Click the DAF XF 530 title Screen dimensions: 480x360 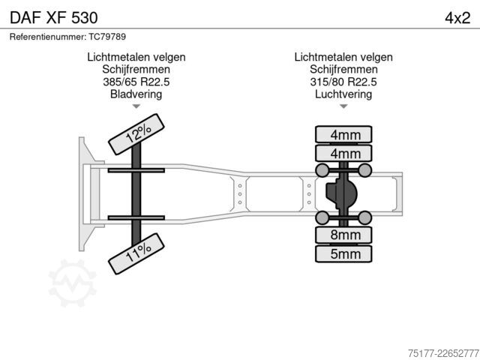[54, 18]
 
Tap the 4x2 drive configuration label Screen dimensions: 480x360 [457, 18]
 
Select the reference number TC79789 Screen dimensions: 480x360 [107, 37]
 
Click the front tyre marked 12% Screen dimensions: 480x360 [136, 134]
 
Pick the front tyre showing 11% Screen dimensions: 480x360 [136, 253]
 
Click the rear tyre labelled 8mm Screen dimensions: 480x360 [343, 235]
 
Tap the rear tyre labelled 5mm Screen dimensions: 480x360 [343, 254]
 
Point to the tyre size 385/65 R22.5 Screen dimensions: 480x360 [136, 82]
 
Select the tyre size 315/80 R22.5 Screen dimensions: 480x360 [343, 82]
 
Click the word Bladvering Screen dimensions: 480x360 [136, 94]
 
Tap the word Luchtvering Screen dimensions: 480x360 [343, 94]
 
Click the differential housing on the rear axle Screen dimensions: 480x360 [341, 193]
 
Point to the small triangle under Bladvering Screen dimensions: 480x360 [136, 106]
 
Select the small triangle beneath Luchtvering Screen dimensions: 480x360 [343, 106]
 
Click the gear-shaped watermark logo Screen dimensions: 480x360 [73, 283]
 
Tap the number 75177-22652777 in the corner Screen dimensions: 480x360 [443, 353]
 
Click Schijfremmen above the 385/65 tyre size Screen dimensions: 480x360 [136, 70]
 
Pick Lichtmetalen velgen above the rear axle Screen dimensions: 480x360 [343, 57]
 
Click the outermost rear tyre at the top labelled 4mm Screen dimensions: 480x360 [343, 134]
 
